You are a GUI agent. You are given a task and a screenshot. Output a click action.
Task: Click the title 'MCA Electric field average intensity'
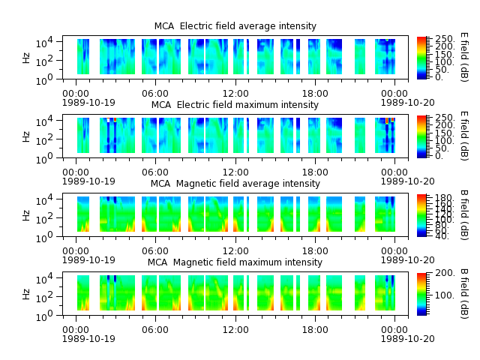[235, 26]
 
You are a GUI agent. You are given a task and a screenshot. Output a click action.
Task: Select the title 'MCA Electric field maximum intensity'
[235, 105]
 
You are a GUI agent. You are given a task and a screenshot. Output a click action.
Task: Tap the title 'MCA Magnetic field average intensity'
[235, 183]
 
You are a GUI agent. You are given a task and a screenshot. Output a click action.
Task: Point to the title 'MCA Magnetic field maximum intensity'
[235, 262]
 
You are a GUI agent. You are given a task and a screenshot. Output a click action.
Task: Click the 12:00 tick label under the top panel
[235, 93]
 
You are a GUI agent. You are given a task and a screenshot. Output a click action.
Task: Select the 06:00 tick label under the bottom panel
[155, 330]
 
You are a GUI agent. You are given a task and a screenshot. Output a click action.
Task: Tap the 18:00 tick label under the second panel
[315, 172]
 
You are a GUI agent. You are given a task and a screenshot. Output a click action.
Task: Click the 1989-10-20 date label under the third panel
[407, 260]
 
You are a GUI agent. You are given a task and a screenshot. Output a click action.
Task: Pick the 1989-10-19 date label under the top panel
[88, 102]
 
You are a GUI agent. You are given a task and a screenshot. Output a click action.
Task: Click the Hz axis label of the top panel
[26, 58]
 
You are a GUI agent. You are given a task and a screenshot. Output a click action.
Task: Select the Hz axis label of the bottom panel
[26, 294]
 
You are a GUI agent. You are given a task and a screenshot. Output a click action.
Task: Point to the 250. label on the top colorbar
[445, 39]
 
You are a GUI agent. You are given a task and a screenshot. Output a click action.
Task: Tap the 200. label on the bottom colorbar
[445, 273]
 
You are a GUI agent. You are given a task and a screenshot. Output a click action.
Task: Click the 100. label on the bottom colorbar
[445, 295]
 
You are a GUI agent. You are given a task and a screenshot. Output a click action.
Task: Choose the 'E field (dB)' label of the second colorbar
[464, 136]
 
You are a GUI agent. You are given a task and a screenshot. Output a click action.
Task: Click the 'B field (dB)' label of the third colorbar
[464, 215]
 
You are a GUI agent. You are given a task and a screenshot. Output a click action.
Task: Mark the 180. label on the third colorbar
[444, 197]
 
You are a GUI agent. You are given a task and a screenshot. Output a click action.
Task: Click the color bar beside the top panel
[421, 58]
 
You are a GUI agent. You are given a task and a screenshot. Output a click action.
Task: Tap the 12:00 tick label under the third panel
[235, 251]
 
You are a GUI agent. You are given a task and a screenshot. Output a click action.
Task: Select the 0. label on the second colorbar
[439, 156]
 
